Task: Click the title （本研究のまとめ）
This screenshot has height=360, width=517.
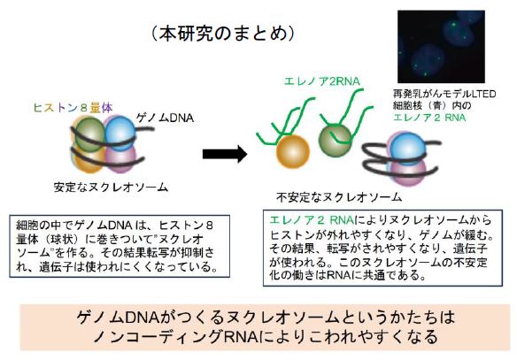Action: click(224, 34)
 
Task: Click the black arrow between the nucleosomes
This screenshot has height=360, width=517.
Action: click(225, 154)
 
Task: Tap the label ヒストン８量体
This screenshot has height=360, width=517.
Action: click(73, 108)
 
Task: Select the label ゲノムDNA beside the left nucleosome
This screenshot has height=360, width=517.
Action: click(165, 119)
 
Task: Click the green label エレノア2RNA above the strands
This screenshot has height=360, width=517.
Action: click(322, 81)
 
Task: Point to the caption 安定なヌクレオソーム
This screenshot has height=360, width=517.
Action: click(112, 188)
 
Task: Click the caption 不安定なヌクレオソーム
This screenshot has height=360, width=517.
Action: click(339, 197)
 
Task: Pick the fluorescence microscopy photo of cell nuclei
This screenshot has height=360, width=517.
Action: click(441, 47)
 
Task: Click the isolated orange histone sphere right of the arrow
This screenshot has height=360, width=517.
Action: click(292, 152)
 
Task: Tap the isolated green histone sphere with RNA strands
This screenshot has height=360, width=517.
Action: click(336, 141)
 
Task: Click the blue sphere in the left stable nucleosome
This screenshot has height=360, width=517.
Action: click(120, 133)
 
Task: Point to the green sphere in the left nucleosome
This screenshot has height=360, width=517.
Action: click(89, 134)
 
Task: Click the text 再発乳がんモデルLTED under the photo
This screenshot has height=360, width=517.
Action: click(444, 94)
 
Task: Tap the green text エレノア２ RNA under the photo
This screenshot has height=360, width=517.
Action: click(429, 118)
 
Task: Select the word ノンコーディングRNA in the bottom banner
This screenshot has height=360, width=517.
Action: click(176, 337)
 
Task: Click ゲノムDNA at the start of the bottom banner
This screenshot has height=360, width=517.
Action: click(118, 318)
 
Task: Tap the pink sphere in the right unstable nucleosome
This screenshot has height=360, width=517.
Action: click(408, 172)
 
